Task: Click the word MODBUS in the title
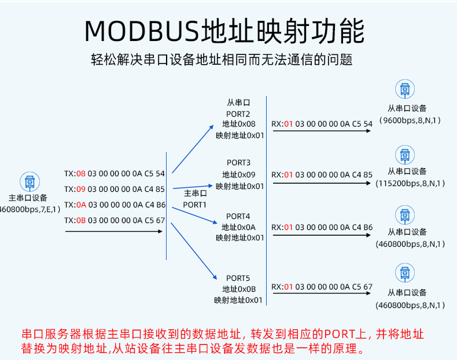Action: [x=142, y=31]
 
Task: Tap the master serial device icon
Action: [x=30, y=181]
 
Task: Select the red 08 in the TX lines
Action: [x=81, y=174]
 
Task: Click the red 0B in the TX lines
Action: [x=81, y=220]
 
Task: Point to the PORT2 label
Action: [x=238, y=114]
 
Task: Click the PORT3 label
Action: [x=238, y=162]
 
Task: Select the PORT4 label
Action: [x=238, y=216]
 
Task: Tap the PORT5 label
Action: [x=238, y=278]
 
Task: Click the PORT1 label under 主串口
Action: [x=195, y=205]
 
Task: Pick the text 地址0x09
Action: [x=239, y=175]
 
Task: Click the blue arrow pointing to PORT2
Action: [x=193, y=149]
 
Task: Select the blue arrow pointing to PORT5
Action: [x=194, y=251]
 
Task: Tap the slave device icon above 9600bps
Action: [x=405, y=89]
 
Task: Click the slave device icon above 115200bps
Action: [x=405, y=155]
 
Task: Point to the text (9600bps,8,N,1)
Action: [x=410, y=120]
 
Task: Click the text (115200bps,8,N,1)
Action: [x=410, y=183]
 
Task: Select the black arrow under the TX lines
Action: [x=113, y=231]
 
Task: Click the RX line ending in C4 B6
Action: [x=322, y=227]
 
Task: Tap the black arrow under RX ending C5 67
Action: [x=322, y=293]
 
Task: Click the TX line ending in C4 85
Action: [x=115, y=189]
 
